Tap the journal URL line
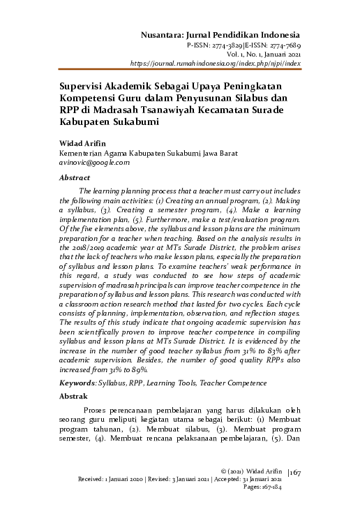[x=216, y=63]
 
